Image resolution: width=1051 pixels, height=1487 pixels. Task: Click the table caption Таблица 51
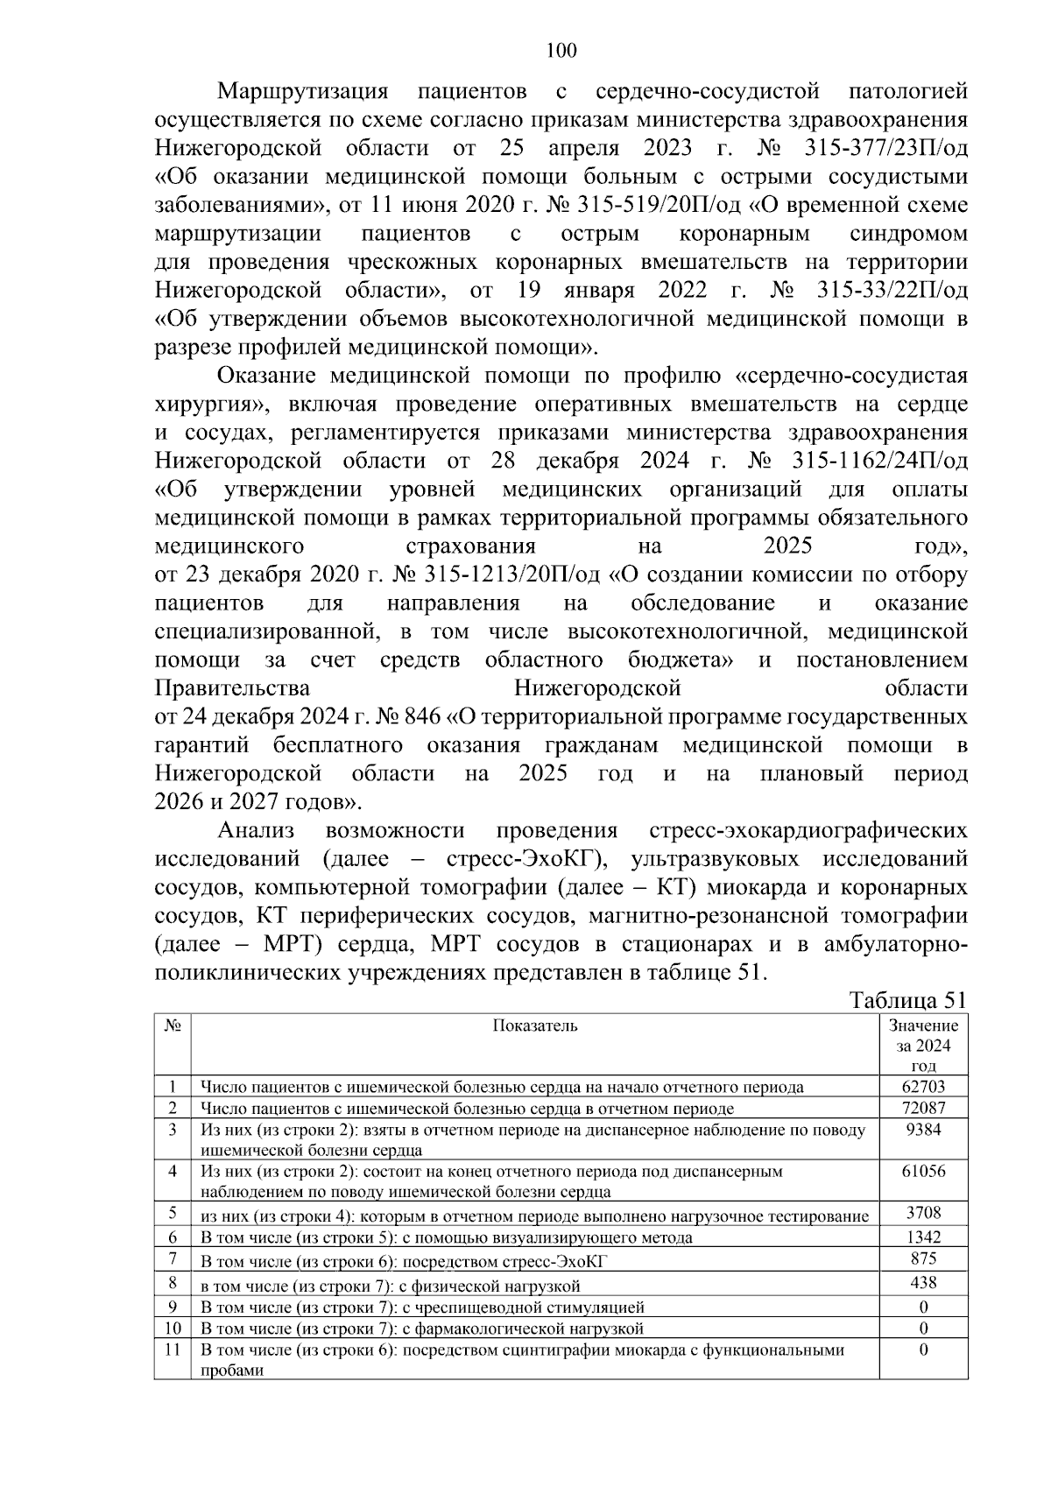(x=909, y=1001)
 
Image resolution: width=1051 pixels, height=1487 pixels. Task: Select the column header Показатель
(x=534, y=1025)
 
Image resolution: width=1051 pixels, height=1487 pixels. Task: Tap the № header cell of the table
(x=172, y=1025)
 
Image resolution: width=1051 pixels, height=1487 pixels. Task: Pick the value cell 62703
(x=923, y=1087)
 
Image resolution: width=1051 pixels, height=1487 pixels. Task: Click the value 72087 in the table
(x=923, y=1108)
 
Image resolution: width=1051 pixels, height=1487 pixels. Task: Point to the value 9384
(x=923, y=1130)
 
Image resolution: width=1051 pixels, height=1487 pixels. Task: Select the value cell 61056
(x=923, y=1171)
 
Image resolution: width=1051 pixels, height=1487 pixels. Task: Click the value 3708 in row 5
(x=923, y=1214)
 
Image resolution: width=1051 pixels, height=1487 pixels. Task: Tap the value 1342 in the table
(x=923, y=1237)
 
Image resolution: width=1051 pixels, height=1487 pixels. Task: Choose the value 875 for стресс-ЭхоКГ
(x=923, y=1258)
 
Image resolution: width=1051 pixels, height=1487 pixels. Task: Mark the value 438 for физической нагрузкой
(x=923, y=1283)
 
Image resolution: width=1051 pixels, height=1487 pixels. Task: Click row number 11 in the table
(x=173, y=1350)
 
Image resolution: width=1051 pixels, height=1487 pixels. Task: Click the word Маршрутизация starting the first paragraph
(x=302, y=91)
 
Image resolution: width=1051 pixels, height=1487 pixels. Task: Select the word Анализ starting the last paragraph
(x=256, y=830)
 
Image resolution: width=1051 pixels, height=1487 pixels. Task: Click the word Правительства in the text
(x=232, y=688)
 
